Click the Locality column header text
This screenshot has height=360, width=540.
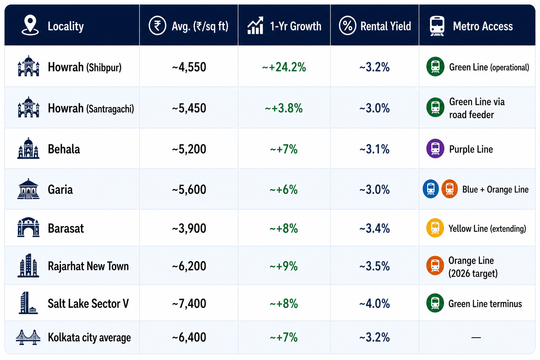(x=66, y=26)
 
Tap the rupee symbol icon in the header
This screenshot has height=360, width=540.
(x=157, y=26)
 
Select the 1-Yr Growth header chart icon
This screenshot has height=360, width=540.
(x=255, y=25)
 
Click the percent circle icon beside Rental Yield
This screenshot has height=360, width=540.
(x=347, y=26)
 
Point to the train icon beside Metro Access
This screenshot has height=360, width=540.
(x=437, y=26)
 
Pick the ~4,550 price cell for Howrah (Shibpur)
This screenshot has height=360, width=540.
(x=189, y=67)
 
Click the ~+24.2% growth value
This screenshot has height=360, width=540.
(x=284, y=67)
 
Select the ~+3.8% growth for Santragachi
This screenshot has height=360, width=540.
(x=284, y=108)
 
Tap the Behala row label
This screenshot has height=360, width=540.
(x=64, y=149)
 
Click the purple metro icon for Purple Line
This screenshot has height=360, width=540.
(x=435, y=148)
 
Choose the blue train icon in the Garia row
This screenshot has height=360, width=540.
(x=431, y=189)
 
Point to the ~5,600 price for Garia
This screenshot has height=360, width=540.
(x=189, y=189)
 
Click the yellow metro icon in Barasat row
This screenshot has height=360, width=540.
(x=435, y=228)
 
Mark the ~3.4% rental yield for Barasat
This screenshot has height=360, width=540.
(x=374, y=229)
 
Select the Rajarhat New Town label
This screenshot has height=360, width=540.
(x=88, y=266)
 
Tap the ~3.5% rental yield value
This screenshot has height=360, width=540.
(x=374, y=266)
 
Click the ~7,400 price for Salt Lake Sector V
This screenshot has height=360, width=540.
(x=189, y=304)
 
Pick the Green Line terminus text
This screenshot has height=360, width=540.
(x=485, y=304)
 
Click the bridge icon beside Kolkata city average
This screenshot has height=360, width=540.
(x=28, y=337)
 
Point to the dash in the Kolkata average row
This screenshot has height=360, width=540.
(x=476, y=337)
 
